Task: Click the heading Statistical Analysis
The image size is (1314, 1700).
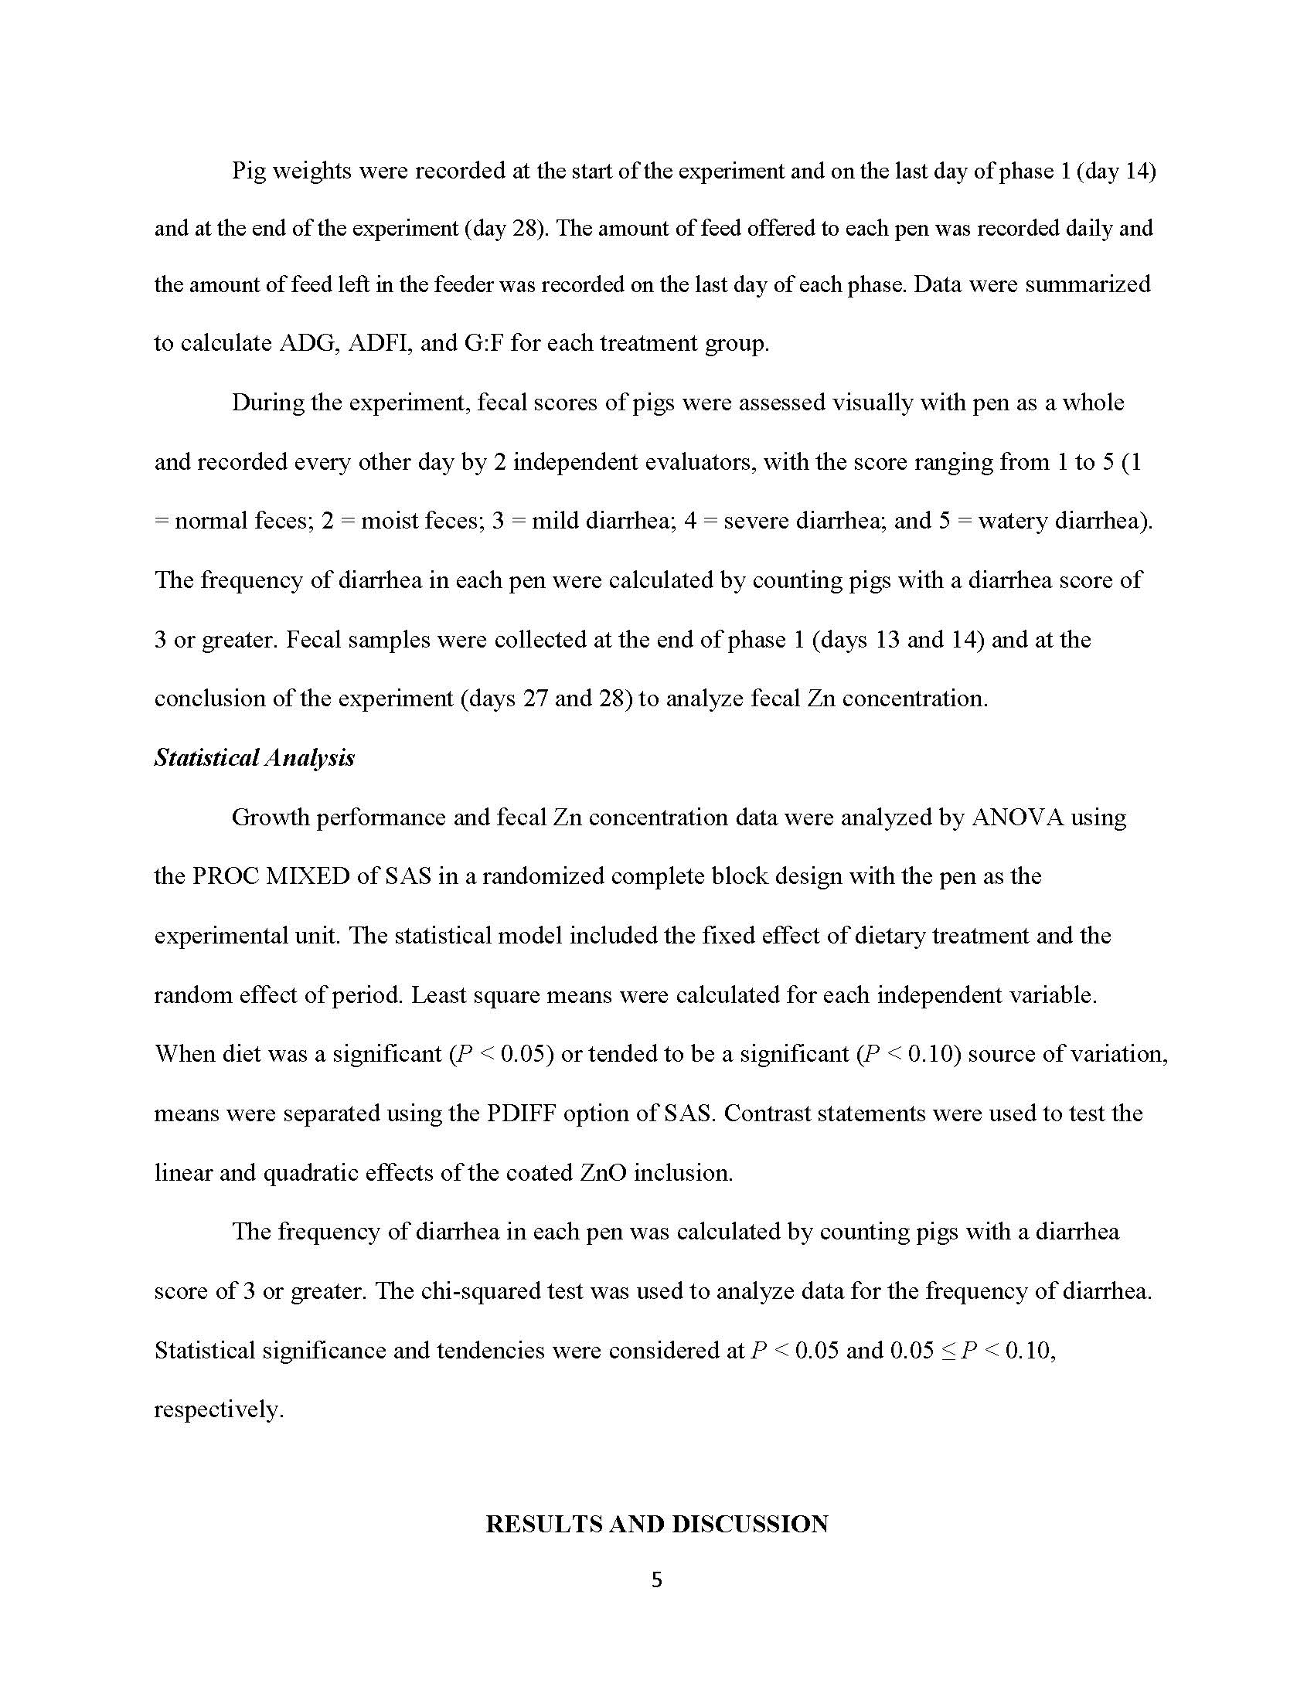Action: tap(254, 757)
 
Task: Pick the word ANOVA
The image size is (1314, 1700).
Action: tap(1017, 818)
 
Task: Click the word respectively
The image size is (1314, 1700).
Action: tap(219, 1409)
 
